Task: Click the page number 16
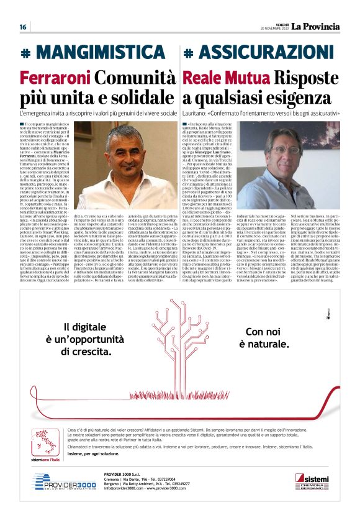tap(22, 27)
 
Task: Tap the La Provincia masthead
tap(316, 26)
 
